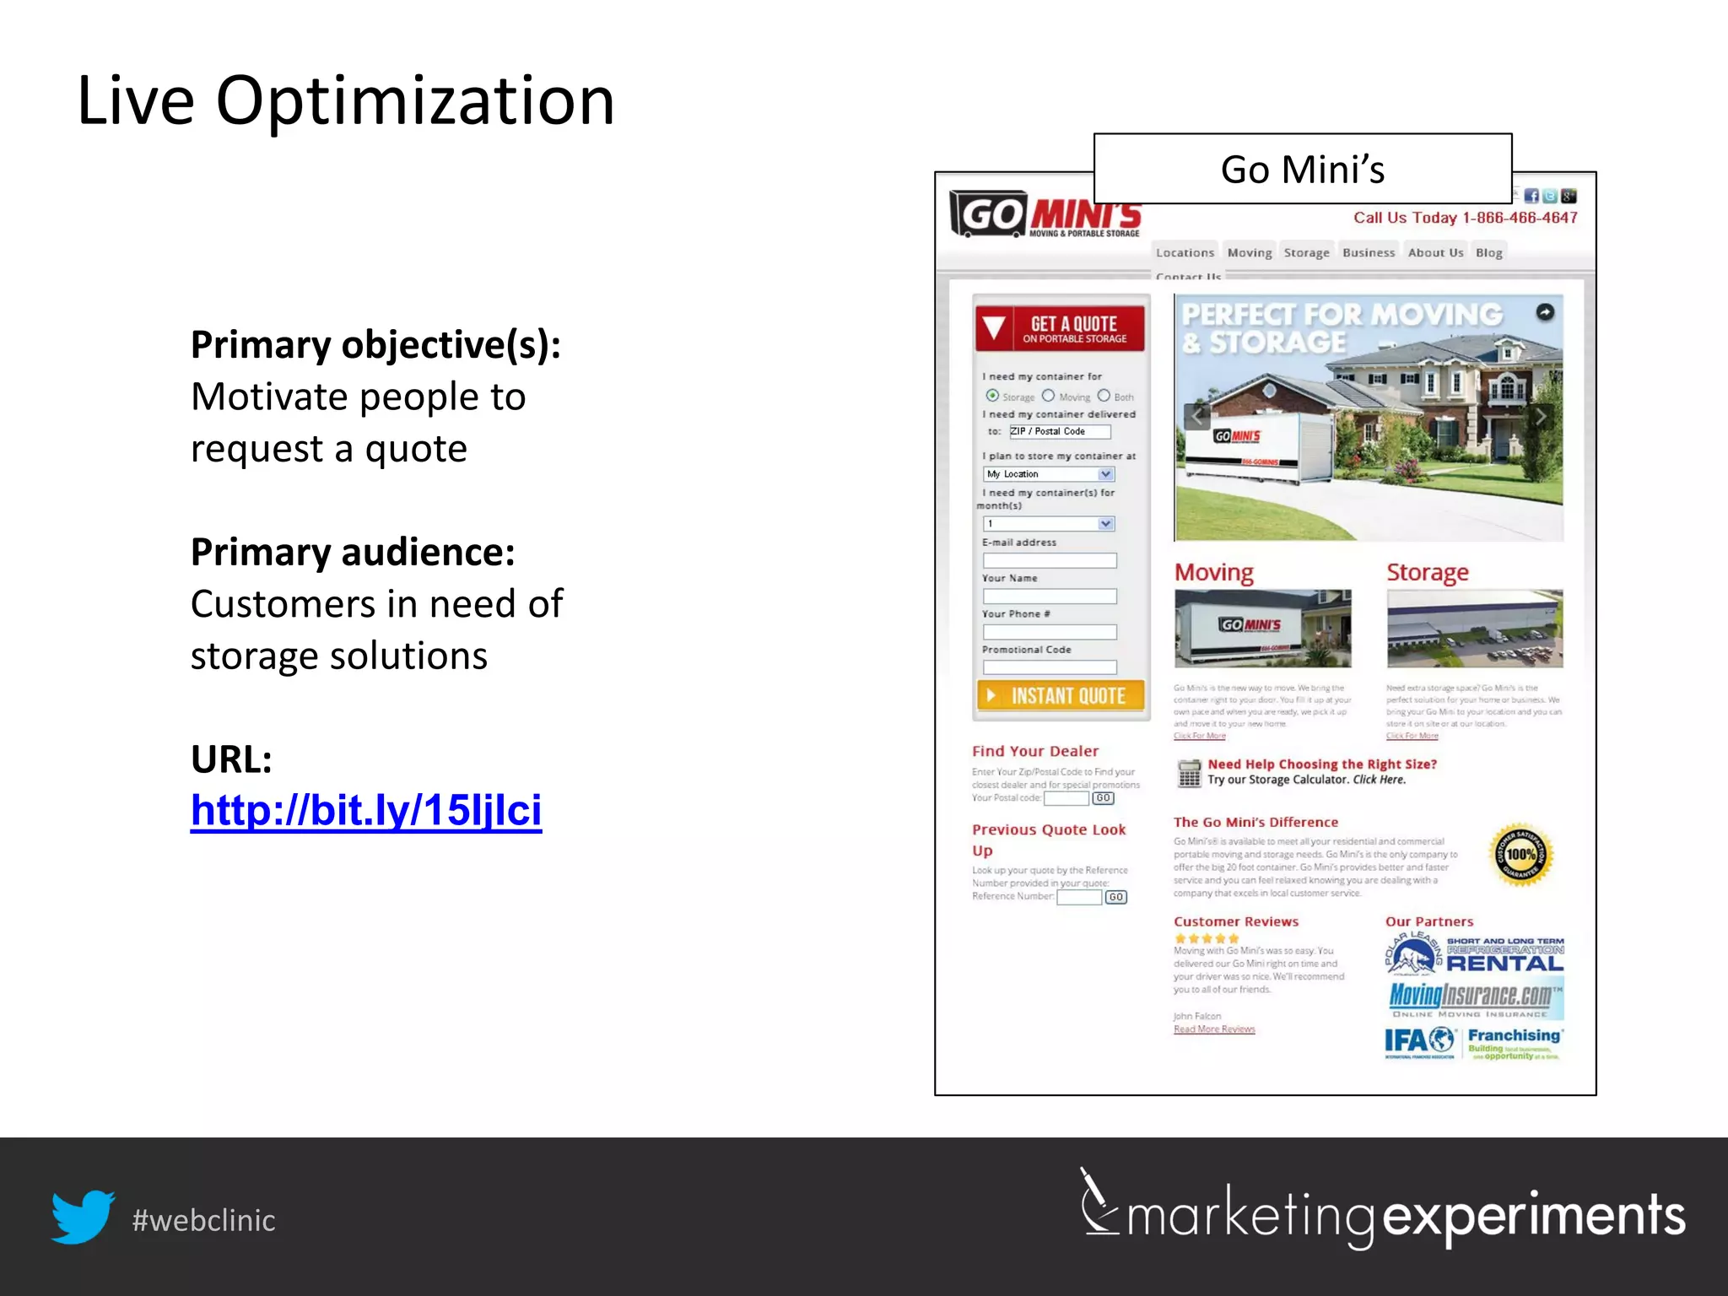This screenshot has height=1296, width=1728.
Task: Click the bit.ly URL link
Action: tap(365, 811)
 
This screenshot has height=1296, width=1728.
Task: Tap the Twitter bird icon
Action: tap(83, 1217)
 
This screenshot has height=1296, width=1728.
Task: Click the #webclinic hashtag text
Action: tap(203, 1220)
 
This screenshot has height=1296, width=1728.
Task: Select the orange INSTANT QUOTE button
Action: tap(1061, 695)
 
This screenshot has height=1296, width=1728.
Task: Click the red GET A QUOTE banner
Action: tap(1061, 328)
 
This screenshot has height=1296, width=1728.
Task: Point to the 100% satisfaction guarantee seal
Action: tap(1520, 855)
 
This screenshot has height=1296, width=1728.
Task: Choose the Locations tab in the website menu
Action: tap(1185, 252)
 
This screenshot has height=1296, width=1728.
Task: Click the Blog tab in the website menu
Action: tap(1488, 252)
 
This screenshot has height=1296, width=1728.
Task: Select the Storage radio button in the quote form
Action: tap(992, 396)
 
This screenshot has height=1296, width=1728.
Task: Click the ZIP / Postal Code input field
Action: tap(1060, 431)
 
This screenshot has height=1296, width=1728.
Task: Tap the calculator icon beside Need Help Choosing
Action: tap(1189, 772)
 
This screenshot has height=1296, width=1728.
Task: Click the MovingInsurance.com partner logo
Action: tap(1474, 998)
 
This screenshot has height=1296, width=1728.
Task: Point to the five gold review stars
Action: tap(1207, 938)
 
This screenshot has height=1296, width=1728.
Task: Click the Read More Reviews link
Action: tap(1214, 1029)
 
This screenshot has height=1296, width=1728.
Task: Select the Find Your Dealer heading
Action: tap(1035, 751)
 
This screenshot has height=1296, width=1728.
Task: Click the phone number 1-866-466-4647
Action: tap(1520, 218)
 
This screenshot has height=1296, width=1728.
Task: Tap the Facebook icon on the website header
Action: tap(1531, 196)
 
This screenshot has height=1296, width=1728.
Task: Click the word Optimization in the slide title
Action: tap(415, 101)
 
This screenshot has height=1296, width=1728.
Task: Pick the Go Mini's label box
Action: tap(1302, 169)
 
